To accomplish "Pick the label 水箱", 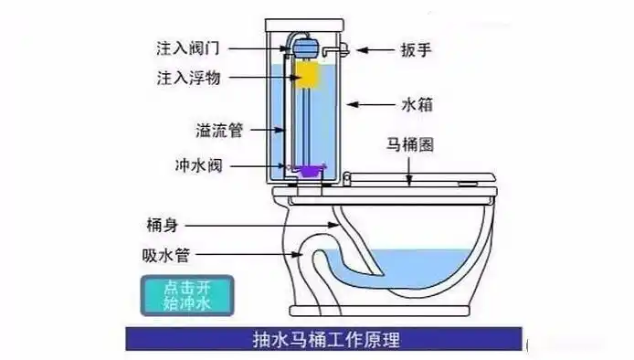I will (x=414, y=104).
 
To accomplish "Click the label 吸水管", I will (x=164, y=256).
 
